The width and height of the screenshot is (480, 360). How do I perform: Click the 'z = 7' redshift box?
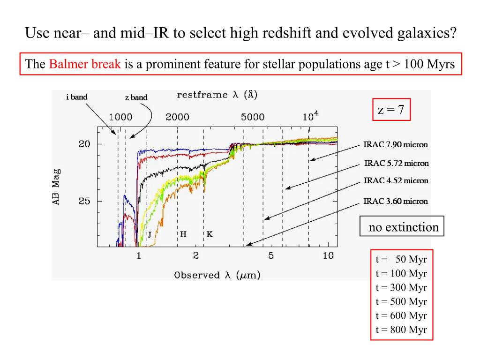pos(391,110)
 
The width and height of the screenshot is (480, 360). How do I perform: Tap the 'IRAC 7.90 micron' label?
pos(396,144)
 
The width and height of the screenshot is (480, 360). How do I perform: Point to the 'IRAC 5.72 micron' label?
pos(396,164)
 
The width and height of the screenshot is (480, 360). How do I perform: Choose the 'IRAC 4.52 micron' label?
pos(396,180)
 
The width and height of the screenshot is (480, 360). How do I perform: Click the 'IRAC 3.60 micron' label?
pos(396,202)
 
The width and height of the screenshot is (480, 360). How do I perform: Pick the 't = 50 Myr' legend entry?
pos(401,260)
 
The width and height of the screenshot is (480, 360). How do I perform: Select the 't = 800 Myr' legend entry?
pos(401,330)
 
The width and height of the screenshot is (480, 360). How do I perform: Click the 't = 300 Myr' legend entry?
pos(401,287)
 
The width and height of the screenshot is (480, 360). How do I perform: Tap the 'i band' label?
pos(76,97)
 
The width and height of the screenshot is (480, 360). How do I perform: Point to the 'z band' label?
pos(136,97)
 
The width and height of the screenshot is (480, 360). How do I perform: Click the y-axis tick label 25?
pos(84,202)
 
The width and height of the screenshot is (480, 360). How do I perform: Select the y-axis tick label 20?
pos(84,144)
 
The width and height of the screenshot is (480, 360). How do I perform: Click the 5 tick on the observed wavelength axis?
pos(271,255)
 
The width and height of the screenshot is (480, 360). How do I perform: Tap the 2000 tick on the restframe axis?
pos(177,117)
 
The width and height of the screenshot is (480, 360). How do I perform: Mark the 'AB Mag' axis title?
pos(56,187)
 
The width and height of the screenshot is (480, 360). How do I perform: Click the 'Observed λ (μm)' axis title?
pos(217,275)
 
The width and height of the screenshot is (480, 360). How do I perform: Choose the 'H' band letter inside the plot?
pos(184,234)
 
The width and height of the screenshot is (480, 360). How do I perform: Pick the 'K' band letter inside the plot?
pos(210,234)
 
